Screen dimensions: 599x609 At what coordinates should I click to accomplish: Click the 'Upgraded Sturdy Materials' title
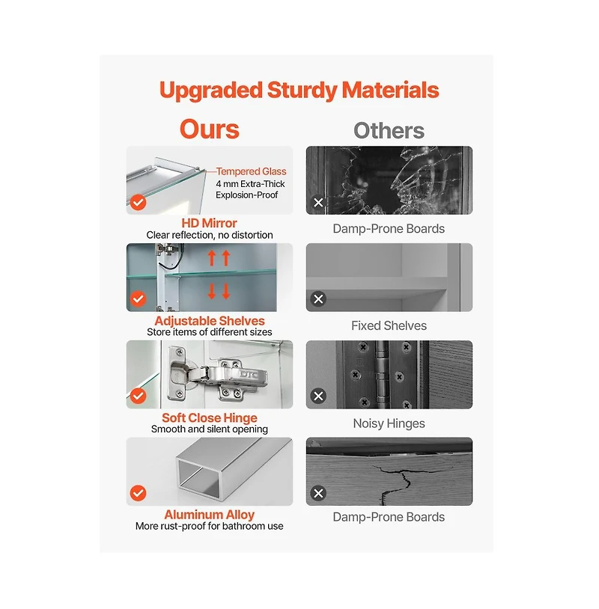coord(299,90)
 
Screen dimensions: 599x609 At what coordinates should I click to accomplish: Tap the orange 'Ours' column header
coord(210,129)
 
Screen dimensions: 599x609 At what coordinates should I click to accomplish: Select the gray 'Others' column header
coord(389,130)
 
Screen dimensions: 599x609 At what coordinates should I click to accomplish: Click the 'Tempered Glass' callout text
coord(251,171)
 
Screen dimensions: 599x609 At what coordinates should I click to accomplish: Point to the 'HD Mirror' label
coord(209,223)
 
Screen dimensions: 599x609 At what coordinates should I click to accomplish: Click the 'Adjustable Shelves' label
coord(210,321)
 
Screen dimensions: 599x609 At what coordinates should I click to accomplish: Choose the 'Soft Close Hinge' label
coord(210,418)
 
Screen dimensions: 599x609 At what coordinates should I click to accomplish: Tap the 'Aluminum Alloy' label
coord(210,515)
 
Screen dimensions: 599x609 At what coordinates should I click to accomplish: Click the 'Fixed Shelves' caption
coord(389,325)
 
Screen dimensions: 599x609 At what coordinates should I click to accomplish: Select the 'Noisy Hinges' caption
coord(389,423)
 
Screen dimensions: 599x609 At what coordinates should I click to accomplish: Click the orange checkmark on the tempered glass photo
coord(138,202)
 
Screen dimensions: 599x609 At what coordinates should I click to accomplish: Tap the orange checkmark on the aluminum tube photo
coord(138,493)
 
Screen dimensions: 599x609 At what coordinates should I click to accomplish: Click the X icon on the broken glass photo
coord(318,202)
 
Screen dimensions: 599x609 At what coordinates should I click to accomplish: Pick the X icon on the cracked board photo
coord(318,493)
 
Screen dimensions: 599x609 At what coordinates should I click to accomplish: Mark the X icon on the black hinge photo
coord(318,397)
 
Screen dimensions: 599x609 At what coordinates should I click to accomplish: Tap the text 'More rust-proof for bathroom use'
coord(210,526)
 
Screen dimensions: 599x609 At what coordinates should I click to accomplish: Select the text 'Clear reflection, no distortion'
coord(210,235)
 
